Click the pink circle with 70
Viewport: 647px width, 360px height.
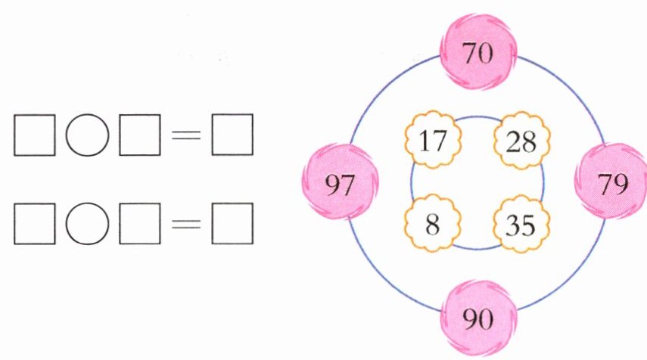coord(478,53)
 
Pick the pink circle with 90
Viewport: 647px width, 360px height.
coord(478,317)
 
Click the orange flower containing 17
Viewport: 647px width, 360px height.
coord(432,140)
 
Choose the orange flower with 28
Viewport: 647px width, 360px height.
coord(522,140)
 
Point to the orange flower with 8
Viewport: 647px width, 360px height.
coord(432,224)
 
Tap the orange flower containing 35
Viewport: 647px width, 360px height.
coord(522,224)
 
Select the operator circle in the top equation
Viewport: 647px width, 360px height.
coord(86,137)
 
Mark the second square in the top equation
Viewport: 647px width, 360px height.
coord(138,137)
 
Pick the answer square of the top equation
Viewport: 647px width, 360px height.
coord(232,137)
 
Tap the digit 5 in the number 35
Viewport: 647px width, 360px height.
coord(530,225)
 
